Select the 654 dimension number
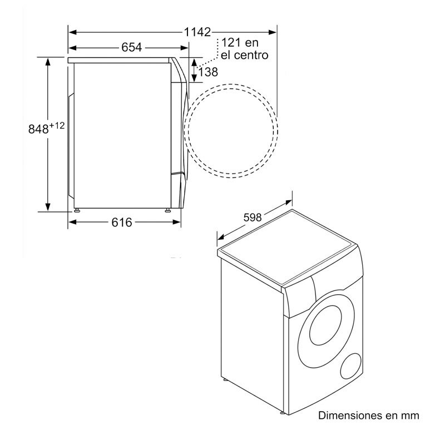131,47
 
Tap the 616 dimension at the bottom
122,222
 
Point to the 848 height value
38,128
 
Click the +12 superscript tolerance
57,126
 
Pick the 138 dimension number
207,72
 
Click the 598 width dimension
252,217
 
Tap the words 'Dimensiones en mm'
368,416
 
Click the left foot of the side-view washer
77,211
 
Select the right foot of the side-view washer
167,211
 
